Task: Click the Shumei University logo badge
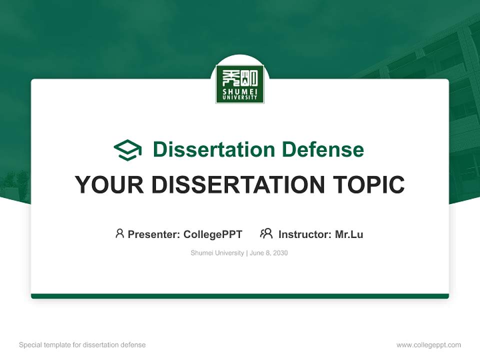click(240, 84)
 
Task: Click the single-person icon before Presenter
click(119, 233)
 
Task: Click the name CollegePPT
click(213, 234)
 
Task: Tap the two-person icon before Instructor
click(266, 233)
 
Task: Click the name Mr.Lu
click(349, 234)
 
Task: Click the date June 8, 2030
click(268, 253)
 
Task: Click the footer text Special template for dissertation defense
click(82, 345)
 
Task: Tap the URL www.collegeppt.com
click(428, 345)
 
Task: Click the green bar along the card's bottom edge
click(240, 296)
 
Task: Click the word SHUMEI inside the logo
click(240, 91)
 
